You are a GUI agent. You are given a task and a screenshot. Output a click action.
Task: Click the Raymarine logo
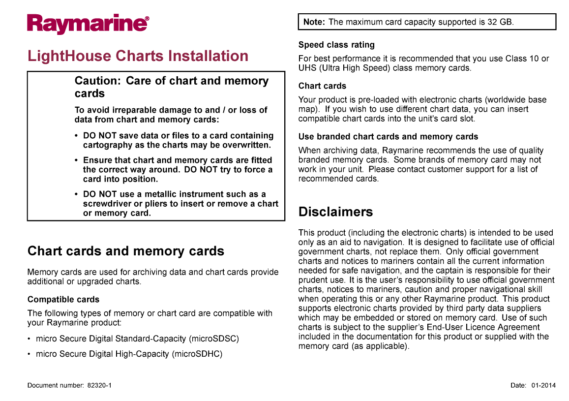pos(88,24)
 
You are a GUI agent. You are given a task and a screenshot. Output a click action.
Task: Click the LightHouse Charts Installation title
pos(138,56)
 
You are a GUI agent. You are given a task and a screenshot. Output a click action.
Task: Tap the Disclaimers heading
pos(335,212)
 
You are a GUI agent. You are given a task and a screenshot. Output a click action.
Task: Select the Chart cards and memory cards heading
pos(125,251)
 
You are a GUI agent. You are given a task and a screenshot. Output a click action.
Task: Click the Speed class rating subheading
pos(336,45)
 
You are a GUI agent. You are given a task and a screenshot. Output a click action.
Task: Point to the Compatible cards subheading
pos(63,300)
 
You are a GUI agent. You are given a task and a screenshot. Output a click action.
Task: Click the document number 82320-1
pos(99,386)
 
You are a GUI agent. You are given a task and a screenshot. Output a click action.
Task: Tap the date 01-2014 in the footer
pos(543,386)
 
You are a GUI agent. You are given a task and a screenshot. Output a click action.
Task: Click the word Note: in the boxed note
pos(314,22)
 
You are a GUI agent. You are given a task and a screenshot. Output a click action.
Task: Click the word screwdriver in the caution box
pos(107,204)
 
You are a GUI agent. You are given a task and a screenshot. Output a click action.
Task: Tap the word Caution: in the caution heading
pos(98,81)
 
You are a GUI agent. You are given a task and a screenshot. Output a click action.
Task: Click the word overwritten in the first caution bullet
pos(245,145)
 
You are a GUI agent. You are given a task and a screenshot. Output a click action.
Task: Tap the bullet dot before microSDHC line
pos(30,354)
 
